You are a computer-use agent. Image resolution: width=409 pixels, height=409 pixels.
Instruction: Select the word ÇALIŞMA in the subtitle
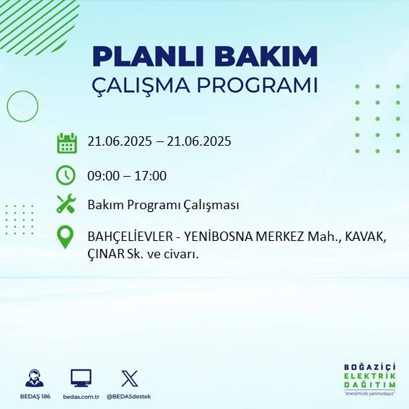coord(149,85)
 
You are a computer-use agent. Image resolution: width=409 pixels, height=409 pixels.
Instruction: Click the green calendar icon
coord(66,143)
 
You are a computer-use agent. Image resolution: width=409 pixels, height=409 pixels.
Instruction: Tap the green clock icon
coord(66,175)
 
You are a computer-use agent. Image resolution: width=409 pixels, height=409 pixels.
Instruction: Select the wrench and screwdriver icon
coord(66,204)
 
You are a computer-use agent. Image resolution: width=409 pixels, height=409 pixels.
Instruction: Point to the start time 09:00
coord(102,175)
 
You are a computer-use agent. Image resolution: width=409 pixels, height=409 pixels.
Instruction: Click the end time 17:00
coord(151,175)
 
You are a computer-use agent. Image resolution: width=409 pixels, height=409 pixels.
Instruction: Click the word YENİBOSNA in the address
coord(219,236)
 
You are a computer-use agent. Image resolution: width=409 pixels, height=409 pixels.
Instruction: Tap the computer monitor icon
coord(81,378)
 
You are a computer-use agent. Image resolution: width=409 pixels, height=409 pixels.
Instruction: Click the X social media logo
coord(129,378)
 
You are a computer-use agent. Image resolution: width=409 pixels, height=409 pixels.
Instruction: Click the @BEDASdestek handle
coord(130,397)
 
